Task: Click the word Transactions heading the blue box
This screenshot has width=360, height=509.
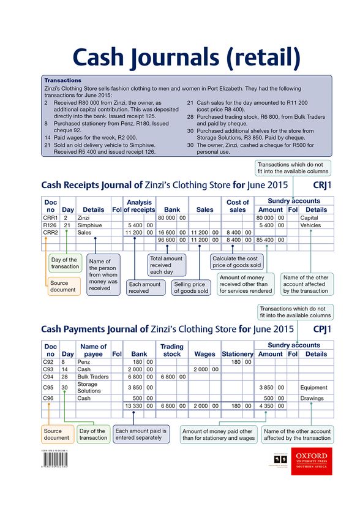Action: [x=63, y=80]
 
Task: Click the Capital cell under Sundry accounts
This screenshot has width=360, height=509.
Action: [x=310, y=217]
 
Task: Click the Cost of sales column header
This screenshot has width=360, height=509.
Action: [x=238, y=206]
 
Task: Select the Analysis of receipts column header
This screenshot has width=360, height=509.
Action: [x=140, y=206]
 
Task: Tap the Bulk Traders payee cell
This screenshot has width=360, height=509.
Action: [x=93, y=377]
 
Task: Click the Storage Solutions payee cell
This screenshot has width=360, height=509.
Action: [x=89, y=388]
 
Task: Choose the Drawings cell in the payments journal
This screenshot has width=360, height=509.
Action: [x=312, y=398]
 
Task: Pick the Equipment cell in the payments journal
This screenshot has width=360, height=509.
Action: [x=314, y=388]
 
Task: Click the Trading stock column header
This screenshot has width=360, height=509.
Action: [x=172, y=350]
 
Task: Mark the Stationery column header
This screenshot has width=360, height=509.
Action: [x=237, y=354]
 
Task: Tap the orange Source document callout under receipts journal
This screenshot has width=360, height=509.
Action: [x=63, y=286]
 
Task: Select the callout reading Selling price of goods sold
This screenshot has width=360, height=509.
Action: [x=191, y=287]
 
